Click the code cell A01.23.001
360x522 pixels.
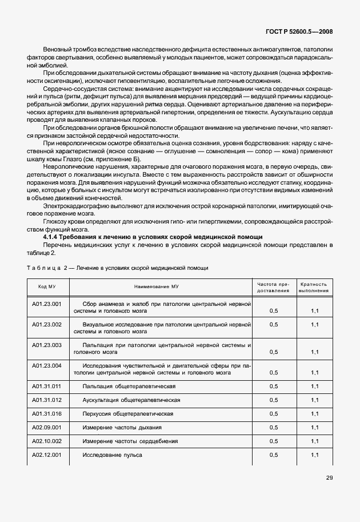(x=47, y=304)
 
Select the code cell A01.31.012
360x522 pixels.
(x=47, y=400)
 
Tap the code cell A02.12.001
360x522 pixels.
(x=47, y=455)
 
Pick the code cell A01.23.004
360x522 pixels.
(x=47, y=366)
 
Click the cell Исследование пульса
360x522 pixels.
(x=112, y=455)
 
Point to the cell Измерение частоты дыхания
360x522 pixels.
(x=122, y=427)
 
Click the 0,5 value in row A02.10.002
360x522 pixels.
(x=273, y=441)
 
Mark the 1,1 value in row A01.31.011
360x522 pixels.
(x=314, y=386)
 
